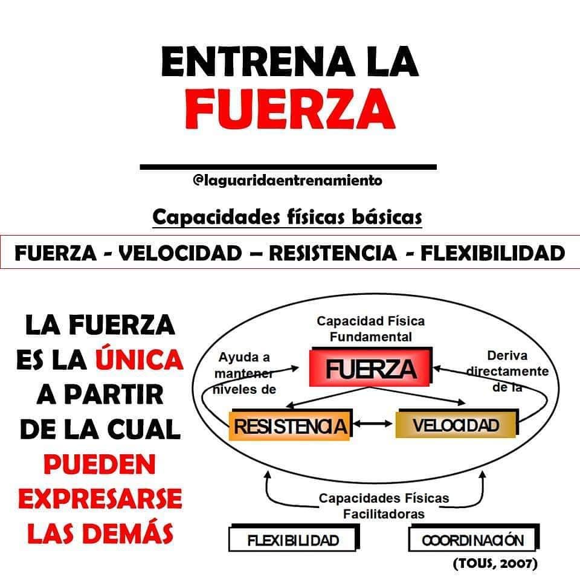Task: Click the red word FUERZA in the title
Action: tap(291, 108)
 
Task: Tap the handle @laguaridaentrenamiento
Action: tap(288, 181)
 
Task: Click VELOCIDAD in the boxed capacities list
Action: tap(180, 253)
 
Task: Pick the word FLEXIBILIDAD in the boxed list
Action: tap(493, 253)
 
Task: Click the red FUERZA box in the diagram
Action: tap(370, 367)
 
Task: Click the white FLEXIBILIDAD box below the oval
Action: tap(294, 538)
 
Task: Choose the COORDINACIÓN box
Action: tap(474, 538)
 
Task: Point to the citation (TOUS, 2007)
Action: tap(495, 563)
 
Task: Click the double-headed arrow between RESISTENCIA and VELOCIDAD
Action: tap(373, 424)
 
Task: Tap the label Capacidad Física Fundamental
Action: tap(370, 329)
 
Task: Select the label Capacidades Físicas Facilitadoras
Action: tap(384, 506)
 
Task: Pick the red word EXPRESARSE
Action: tap(100, 498)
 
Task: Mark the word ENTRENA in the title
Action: tap(258, 61)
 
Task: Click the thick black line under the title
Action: tap(288, 167)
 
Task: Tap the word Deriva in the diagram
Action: tap(507, 355)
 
